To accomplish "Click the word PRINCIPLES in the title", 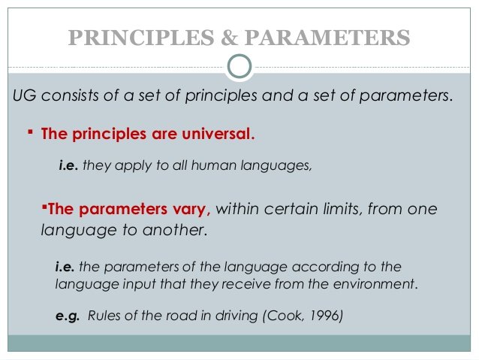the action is pos(141,38).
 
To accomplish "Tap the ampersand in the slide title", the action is pos(230,38).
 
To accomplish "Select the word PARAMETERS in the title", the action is pos(327,38).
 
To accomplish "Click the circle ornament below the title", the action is pos(239,66).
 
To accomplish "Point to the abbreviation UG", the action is pos(25,95).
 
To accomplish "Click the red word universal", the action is pos(218,134).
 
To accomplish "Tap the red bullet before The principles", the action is pos(30,132).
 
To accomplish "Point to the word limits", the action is pos(343,209).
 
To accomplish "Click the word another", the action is pos(175,230).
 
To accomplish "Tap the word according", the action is pos(325,267).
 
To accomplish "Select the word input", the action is pos(140,284).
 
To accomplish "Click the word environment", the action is pos(375,284).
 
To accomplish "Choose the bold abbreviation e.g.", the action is pos(68,316).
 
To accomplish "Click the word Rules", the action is pos(104,316).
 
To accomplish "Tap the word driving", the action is pos(236,316).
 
